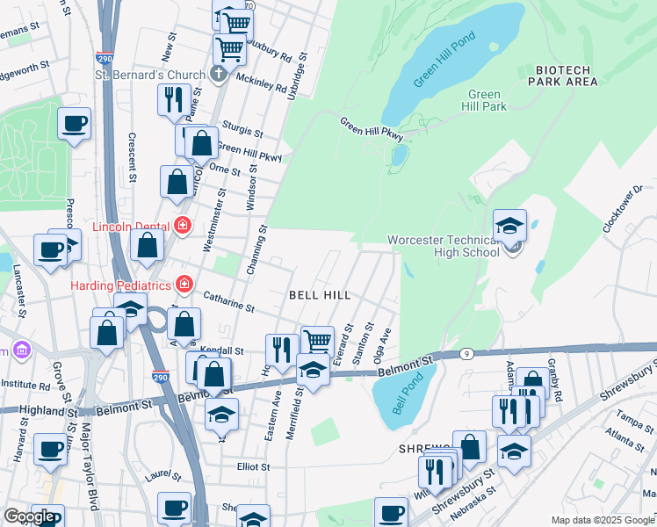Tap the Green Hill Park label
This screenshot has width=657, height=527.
tap(486, 101)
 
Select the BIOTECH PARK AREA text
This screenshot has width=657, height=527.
tap(563, 76)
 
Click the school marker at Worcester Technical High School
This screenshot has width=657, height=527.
tap(509, 226)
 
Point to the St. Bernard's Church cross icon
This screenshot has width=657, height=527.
tap(219, 75)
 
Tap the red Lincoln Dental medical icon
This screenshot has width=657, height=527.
tap(183, 225)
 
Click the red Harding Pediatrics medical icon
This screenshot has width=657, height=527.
tap(184, 284)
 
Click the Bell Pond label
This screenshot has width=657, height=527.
tap(402, 393)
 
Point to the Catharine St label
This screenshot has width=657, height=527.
tap(228, 303)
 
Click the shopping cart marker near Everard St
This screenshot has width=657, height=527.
tap(316, 341)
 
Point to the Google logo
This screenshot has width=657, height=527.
tap(29, 516)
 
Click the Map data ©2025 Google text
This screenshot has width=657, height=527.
tap(602, 520)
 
